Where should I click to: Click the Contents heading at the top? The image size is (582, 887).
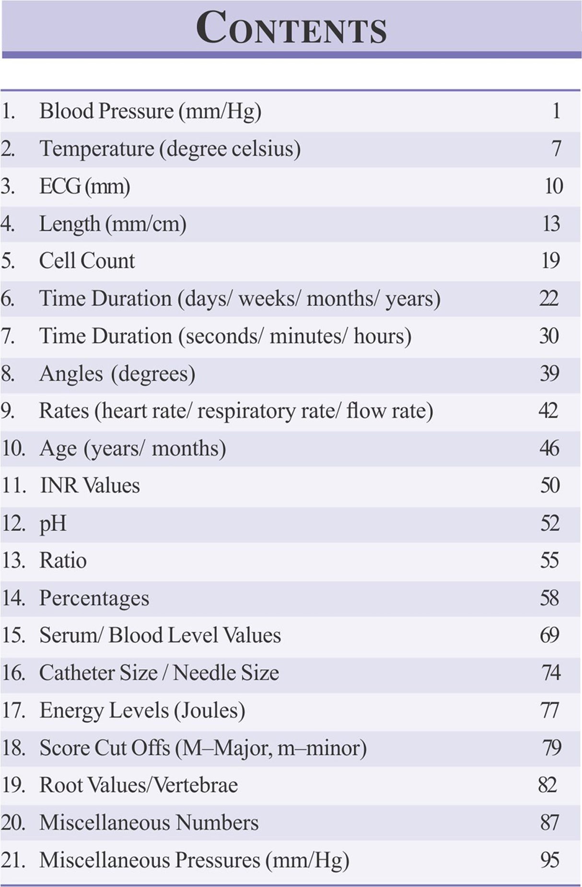291,28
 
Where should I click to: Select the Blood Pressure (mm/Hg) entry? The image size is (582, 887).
150,111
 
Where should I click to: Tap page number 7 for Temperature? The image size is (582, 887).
556,148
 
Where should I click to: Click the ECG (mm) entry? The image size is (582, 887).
84,186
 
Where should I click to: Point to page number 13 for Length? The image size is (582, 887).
551,224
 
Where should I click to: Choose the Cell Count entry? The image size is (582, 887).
87,261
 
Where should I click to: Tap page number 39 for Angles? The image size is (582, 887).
549,374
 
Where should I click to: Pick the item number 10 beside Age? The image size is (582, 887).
13,449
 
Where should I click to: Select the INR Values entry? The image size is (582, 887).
90,486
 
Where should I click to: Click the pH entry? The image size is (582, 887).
53,523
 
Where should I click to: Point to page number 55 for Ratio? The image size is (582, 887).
549,560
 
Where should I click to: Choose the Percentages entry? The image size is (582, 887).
94,598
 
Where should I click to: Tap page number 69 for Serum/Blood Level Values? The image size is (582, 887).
549,635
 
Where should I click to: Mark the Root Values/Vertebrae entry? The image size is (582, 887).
139,785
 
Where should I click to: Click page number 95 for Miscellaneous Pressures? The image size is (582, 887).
549,860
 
